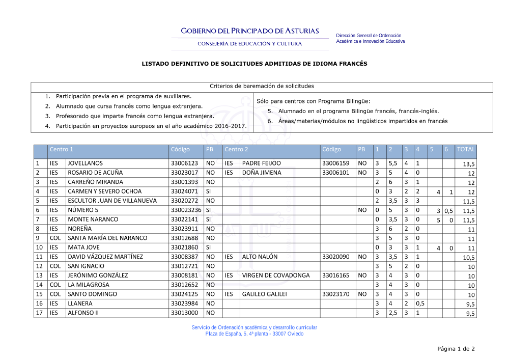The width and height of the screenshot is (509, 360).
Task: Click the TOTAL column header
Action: (x=465, y=149)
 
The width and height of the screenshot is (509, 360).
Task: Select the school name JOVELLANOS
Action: (x=85, y=163)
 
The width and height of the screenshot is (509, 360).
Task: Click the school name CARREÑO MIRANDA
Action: (x=95, y=182)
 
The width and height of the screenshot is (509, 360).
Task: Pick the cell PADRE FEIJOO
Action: (x=261, y=163)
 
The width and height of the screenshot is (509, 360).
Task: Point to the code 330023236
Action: (x=186, y=210)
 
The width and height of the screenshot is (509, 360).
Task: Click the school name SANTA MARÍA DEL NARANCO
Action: (x=107, y=238)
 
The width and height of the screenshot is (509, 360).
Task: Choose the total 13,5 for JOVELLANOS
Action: (x=469, y=164)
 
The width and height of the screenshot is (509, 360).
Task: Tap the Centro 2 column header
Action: (x=236, y=149)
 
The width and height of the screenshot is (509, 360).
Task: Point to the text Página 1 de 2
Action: (x=456, y=349)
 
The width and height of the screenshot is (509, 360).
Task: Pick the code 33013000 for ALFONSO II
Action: (x=184, y=313)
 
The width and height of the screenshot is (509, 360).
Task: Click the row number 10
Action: (x=39, y=247)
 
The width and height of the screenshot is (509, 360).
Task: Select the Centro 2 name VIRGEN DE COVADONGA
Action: (x=275, y=275)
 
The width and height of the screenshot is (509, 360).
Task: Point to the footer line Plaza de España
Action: (x=254, y=334)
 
